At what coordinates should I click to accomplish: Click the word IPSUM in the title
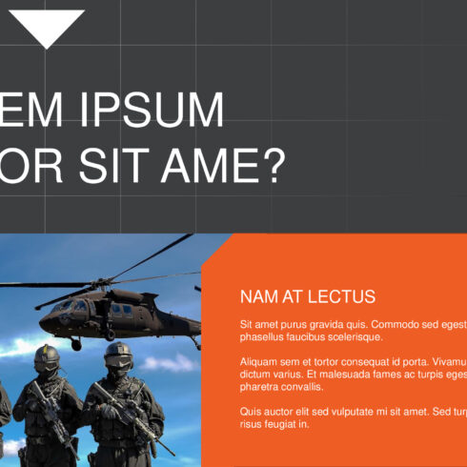[159, 112]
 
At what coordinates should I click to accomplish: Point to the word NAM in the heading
[258, 296]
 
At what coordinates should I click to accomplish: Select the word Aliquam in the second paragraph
[260, 362]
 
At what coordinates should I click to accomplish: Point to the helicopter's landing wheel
[75, 343]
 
